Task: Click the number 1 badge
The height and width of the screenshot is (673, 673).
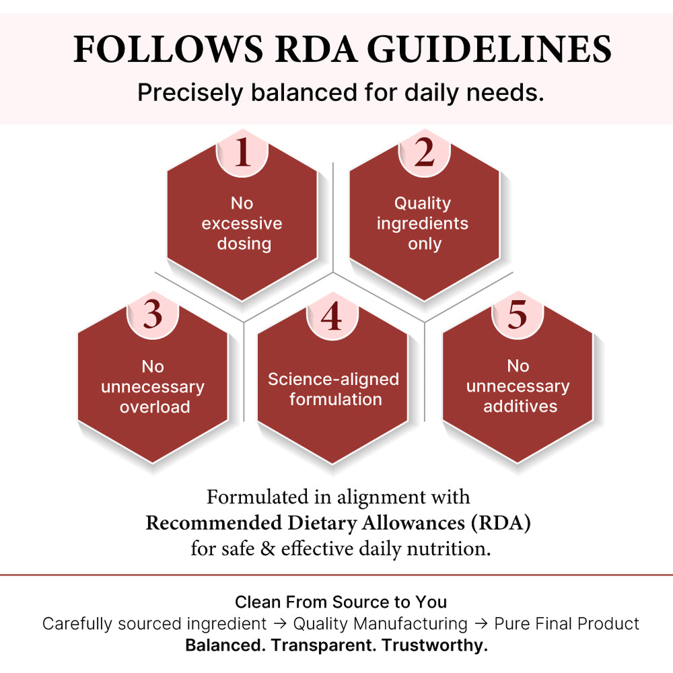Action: coord(242,152)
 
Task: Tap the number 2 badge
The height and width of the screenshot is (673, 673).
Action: coord(424,152)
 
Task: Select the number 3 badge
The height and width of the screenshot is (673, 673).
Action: coord(153,314)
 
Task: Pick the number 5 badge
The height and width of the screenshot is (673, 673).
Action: coord(518,314)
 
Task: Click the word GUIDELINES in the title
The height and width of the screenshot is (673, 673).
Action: coord(489,50)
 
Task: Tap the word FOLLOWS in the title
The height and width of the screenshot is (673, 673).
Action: coord(168,50)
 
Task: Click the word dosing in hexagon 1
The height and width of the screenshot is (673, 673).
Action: coord(244,244)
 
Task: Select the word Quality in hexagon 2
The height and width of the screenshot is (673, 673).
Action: coord(423,203)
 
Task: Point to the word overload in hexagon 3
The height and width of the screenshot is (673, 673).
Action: coord(155,407)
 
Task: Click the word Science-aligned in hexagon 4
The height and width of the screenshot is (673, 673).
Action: coord(334,380)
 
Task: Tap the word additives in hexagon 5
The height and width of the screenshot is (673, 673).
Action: coord(520,406)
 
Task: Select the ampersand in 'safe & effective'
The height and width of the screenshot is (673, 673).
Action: coord(267,549)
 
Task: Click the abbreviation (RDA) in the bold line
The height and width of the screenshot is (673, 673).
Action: coord(501,523)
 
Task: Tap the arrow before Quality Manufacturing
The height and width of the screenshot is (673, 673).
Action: coord(280,624)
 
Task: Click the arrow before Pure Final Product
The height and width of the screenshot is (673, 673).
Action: coord(481,624)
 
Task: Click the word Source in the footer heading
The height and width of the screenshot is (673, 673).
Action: coord(361,602)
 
